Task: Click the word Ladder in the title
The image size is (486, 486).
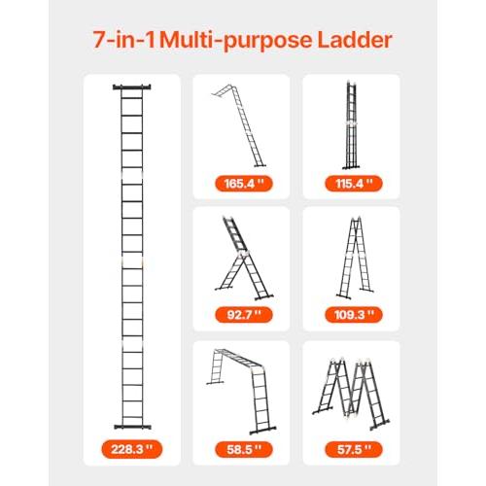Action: point(355,40)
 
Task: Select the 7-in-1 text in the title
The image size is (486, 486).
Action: point(124,40)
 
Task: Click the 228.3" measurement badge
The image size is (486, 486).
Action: point(131,449)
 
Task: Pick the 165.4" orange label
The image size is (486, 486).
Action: point(244,184)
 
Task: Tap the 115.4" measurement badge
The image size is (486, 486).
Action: point(354,184)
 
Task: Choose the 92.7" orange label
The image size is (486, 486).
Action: point(244,315)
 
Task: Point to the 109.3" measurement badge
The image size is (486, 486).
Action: point(354,315)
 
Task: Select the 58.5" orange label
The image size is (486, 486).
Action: point(244,449)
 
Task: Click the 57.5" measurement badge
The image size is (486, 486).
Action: point(354,449)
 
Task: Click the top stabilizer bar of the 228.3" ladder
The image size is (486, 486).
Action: point(132,87)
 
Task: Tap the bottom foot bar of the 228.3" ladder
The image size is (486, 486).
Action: point(132,427)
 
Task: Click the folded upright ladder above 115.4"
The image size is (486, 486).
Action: point(351,124)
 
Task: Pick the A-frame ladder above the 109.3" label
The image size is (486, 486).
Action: point(355,258)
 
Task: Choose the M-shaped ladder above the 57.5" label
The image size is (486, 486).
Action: point(351,394)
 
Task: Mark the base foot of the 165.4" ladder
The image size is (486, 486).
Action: point(260,165)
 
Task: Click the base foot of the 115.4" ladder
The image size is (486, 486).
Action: point(351,167)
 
